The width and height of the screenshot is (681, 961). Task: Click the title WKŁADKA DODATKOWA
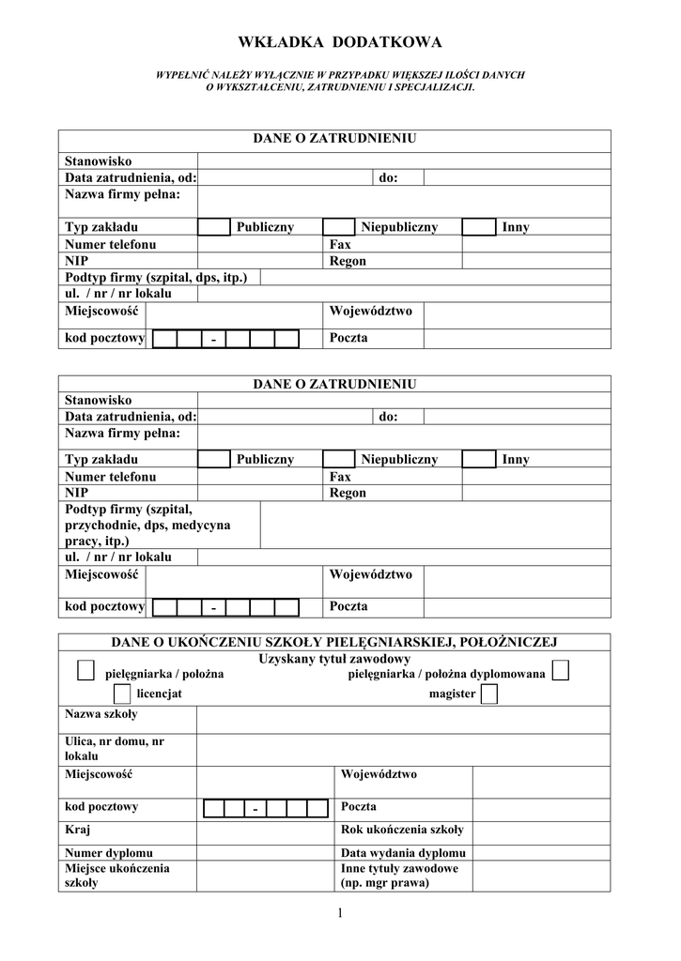pos(339,42)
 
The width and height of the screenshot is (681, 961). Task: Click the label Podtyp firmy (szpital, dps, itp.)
pos(156,278)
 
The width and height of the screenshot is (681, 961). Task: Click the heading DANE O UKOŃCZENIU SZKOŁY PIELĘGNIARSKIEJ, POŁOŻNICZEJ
pos(334,642)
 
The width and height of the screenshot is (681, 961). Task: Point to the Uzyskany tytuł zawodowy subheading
pos(334,659)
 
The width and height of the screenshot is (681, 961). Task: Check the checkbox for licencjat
pos(121,694)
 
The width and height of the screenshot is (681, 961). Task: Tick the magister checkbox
pos(488,694)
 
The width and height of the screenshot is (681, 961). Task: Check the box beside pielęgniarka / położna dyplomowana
pos(561,670)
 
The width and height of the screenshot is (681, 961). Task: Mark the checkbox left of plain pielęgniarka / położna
pos(85,670)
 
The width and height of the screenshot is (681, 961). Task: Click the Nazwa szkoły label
pos(101,714)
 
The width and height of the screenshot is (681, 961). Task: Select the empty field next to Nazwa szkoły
pos(403,720)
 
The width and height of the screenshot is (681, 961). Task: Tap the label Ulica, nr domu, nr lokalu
pos(115,748)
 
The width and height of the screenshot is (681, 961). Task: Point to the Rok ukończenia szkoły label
pos(402,830)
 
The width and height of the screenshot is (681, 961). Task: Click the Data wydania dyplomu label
pos(403,853)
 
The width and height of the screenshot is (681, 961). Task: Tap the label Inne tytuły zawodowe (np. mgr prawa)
pos(399,876)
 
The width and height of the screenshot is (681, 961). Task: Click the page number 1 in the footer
pos(340,915)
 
